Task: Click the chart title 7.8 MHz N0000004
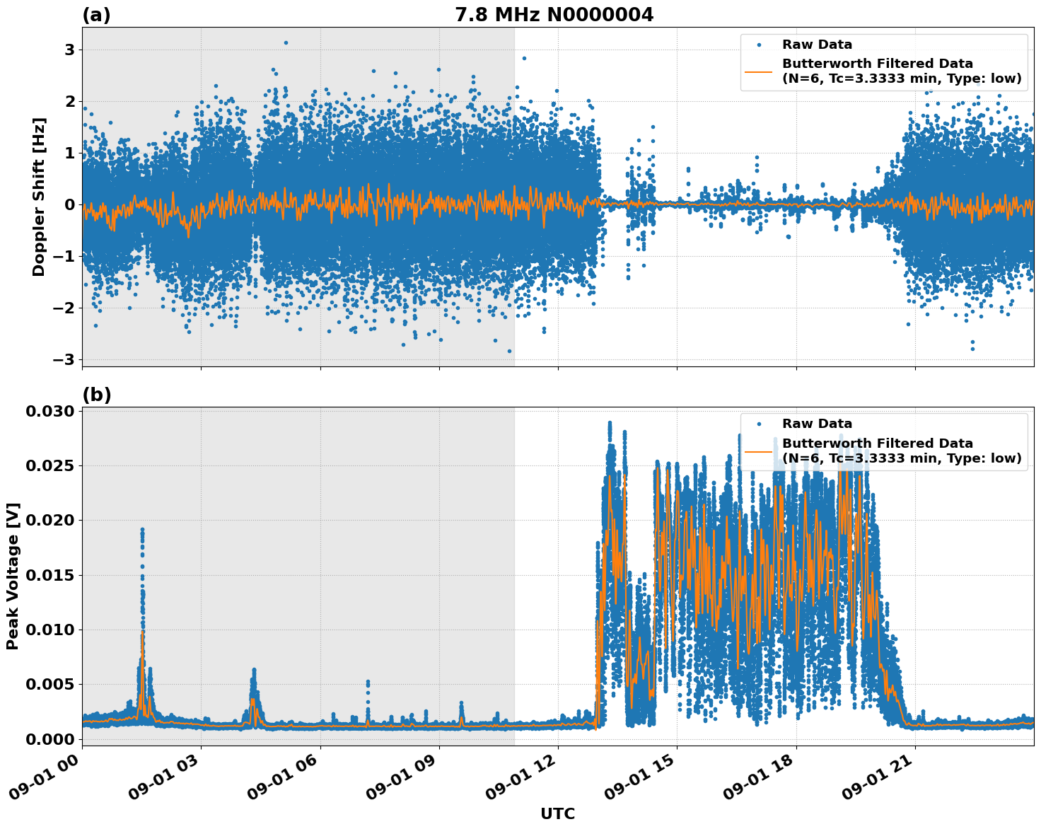pos(554,15)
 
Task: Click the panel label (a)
pos(96,15)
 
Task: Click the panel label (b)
pos(97,395)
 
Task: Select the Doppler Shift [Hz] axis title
pos(39,197)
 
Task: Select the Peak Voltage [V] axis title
pos(13,576)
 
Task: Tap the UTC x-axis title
pos(557,813)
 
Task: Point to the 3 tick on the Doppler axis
pos(70,50)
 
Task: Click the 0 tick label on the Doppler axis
pos(70,204)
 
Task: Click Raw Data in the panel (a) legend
pos(817,45)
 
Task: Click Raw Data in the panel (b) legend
pos(817,424)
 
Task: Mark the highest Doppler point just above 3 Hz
pos(286,42)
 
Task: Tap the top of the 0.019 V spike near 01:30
pos(142,529)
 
